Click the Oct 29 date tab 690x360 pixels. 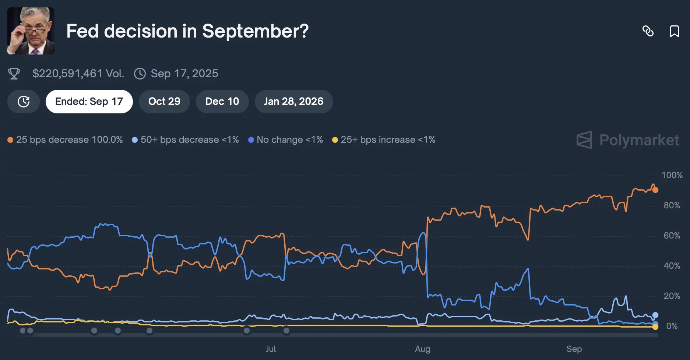[x=164, y=102]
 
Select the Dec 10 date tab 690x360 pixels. [x=222, y=102]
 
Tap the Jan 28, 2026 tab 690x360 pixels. [x=293, y=102]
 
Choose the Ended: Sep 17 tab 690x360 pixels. [x=89, y=102]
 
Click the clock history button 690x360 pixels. [x=24, y=102]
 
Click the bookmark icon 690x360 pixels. [x=674, y=31]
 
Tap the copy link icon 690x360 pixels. [x=648, y=31]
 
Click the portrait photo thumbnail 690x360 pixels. [x=31, y=31]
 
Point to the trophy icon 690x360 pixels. [x=14, y=74]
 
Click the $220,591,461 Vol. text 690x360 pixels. [x=78, y=74]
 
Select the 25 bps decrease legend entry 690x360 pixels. [x=65, y=140]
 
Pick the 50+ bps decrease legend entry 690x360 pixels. [x=186, y=140]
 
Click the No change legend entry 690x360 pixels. [x=286, y=140]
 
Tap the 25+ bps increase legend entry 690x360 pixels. [x=384, y=140]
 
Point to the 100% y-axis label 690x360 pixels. [x=672, y=175]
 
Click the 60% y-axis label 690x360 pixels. [x=672, y=236]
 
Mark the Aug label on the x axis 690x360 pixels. [x=423, y=349]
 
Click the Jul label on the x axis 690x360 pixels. [x=271, y=349]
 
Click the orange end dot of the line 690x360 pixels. [x=655, y=190]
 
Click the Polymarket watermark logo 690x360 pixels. [x=628, y=140]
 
